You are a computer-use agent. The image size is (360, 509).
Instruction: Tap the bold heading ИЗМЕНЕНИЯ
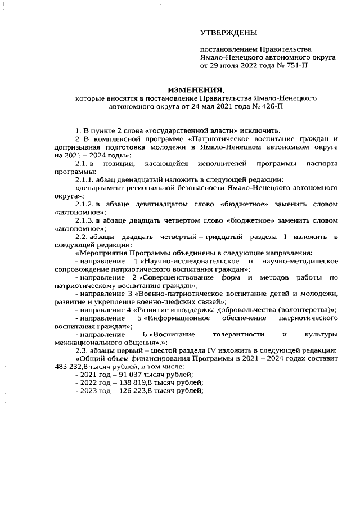pyautogui.click(x=196, y=90)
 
